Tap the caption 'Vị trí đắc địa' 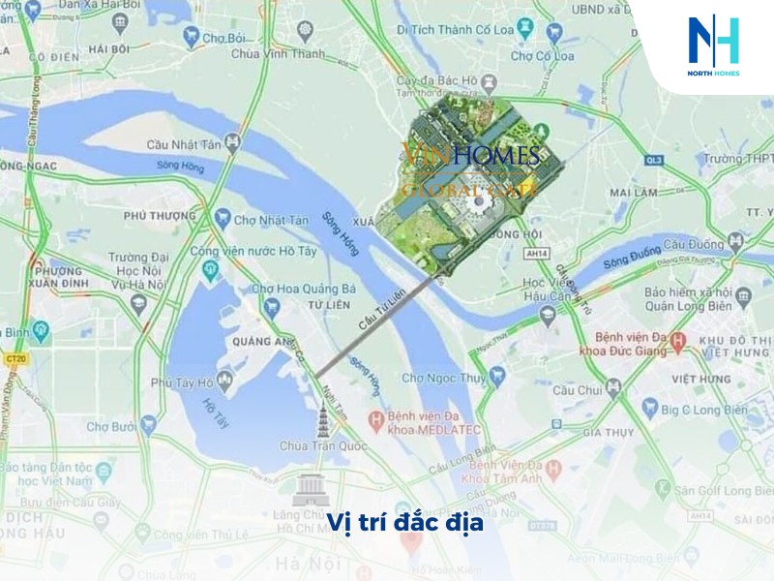coord(404,524)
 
